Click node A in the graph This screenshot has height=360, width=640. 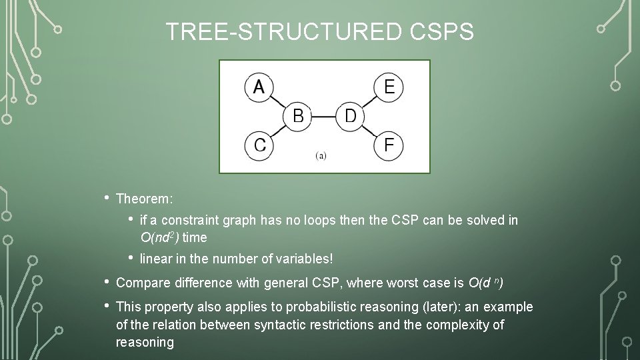pyautogui.click(x=259, y=87)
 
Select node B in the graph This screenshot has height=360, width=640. pyautogui.click(x=298, y=116)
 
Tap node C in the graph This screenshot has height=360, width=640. pyautogui.click(x=259, y=145)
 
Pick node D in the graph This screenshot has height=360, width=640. pyautogui.click(x=349, y=116)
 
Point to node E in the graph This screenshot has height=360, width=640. pyautogui.click(x=389, y=87)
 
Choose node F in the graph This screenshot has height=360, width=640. pyautogui.click(x=389, y=145)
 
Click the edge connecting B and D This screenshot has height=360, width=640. pyautogui.click(x=323, y=117)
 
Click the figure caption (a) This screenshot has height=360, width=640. pyautogui.click(x=321, y=156)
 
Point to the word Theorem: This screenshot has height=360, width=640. pyautogui.click(x=144, y=199)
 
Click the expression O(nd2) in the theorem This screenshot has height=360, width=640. pyautogui.click(x=160, y=237)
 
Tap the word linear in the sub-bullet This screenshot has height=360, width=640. pyautogui.click(x=154, y=258)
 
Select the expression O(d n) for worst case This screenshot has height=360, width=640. pyautogui.click(x=485, y=283)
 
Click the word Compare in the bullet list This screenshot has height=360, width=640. pyautogui.click(x=143, y=283)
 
